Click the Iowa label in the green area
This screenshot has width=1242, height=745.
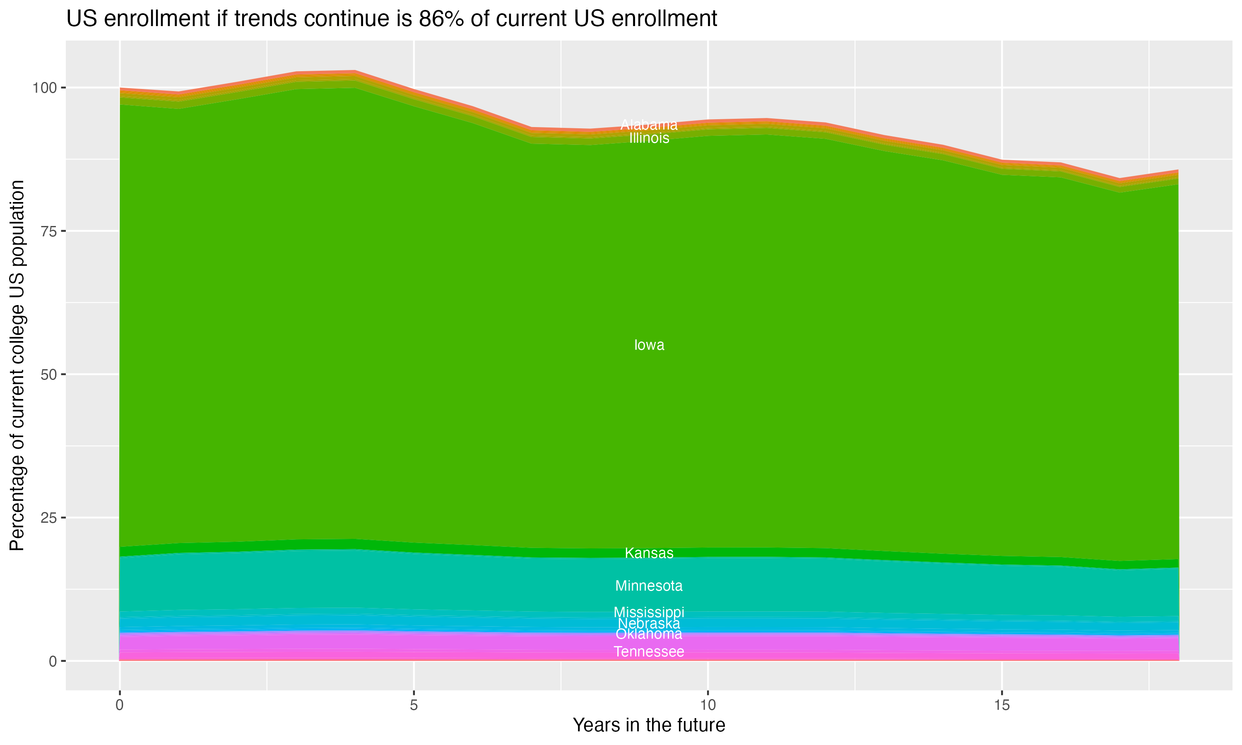click(649, 345)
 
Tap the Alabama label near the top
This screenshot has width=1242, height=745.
click(649, 125)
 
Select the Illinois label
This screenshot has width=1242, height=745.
click(649, 138)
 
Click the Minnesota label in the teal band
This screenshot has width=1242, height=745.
click(649, 586)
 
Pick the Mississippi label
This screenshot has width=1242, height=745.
click(649, 612)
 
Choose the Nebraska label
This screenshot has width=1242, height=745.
click(649, 623)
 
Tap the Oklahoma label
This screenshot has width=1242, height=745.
click(649, 634)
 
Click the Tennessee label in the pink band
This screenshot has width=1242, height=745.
click(649, 651)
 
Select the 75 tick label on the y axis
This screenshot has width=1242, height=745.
click(47, 231)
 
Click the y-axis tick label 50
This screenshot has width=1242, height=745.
click(47, 375)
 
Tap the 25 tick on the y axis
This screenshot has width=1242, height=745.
click(47, 518)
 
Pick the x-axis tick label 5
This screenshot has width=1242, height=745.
click(414, 705)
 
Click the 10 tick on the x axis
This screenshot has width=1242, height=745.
click(708, 705)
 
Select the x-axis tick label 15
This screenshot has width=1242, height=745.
click(1001, 705)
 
